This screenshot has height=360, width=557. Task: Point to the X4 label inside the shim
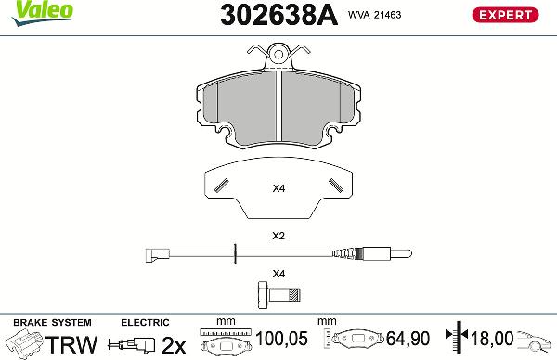[278, 189]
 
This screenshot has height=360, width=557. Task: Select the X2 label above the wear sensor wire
[278, 236]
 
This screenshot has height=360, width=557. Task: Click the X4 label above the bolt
[278, 273]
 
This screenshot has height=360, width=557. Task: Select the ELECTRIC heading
[145, 322]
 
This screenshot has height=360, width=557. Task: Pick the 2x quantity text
[173, 344]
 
